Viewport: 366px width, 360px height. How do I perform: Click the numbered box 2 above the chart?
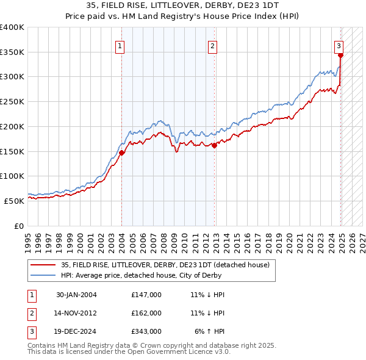pos(212,45)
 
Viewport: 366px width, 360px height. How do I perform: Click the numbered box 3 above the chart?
pos(339,45)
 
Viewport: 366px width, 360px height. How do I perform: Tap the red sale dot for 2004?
pos(121,153)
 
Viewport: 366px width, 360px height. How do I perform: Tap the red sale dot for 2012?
pos(215,145)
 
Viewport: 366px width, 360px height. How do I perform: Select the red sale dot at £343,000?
pos(340,56)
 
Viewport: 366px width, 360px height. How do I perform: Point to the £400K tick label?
pos(12,27)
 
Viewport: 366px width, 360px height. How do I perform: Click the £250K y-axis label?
pos(12,102)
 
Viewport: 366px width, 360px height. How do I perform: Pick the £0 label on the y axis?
pos(18,226)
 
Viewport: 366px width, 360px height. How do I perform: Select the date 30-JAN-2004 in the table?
pos(76,295)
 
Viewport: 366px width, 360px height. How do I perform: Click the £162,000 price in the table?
pos(146,313)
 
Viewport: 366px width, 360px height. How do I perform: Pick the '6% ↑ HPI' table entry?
pos(210,331)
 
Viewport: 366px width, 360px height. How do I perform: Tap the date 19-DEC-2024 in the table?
pos(76,331)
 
